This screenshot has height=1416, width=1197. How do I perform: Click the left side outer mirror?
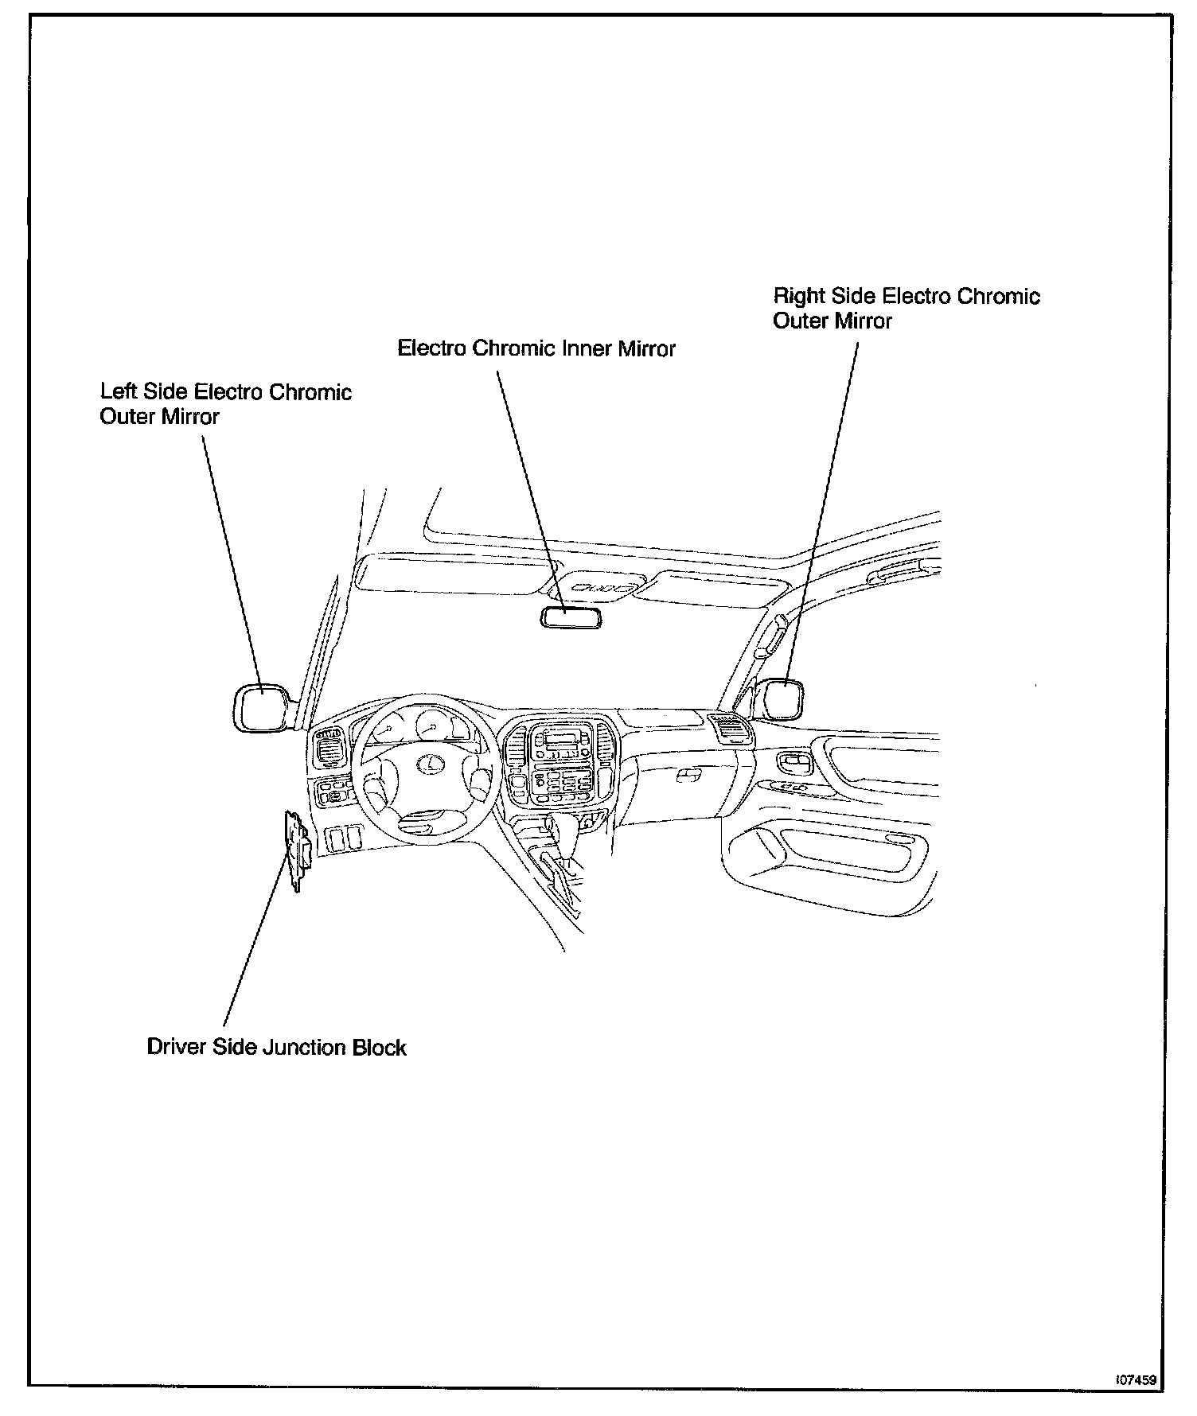pyautogui.click(x=260, y=706)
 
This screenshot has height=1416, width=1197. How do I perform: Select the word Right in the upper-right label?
pyautogui.click(x=799, y=297)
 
